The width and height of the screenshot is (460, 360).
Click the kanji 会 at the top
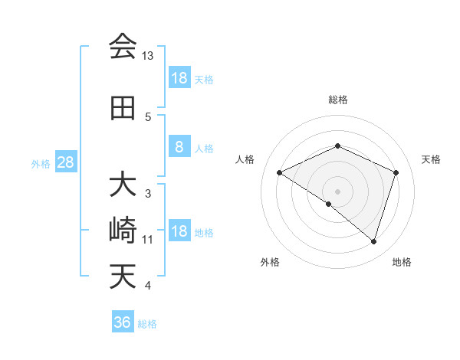point(123,47)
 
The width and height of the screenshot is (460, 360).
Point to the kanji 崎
point(123,231)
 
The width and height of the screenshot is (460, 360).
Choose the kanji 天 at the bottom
point(123,276)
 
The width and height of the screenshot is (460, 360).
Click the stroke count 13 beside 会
point(148,56)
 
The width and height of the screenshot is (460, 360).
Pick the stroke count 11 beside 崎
point(148,240)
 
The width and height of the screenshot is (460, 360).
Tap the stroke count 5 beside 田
point(148,117)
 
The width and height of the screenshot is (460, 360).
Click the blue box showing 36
point(123,322)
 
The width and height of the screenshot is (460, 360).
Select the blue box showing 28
point(65,162)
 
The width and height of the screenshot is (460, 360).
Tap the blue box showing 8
point(179,147)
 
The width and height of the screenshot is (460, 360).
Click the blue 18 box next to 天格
point(179,78)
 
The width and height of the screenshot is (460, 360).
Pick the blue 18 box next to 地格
point(179,232)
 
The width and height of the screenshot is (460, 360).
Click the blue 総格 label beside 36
point(147,324)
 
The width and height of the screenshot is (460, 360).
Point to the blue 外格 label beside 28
point(41,163)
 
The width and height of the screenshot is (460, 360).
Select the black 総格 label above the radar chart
point(337,100)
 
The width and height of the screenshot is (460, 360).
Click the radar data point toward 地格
point(374,242)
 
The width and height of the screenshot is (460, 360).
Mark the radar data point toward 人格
point(280,173)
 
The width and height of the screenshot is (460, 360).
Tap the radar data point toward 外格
point(329,205)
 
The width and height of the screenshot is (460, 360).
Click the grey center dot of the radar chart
point(337,191)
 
